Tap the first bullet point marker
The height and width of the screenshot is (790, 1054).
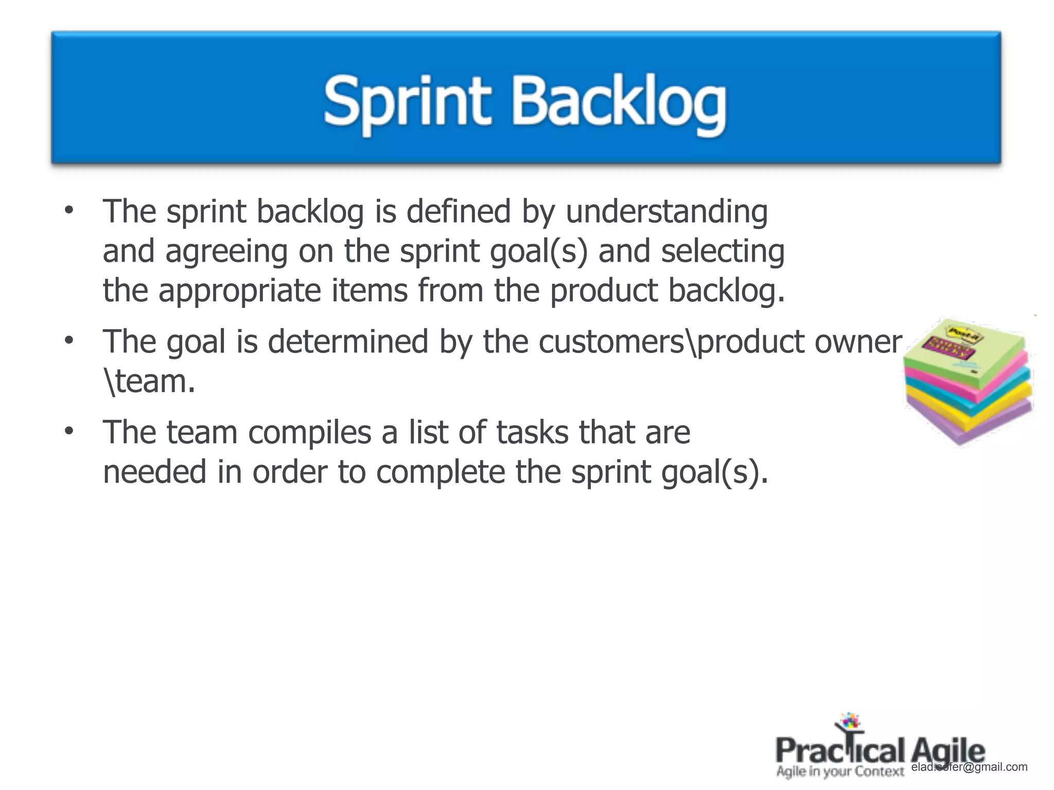tap(69, 210)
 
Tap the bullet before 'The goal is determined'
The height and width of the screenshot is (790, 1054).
tap(69, 340)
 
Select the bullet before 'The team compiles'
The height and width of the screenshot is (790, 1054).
tap(69, 432)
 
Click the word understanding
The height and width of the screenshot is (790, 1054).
tap(666, 212)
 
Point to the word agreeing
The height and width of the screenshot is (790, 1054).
tap(226, 252)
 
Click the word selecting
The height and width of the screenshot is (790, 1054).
tap(723, 252)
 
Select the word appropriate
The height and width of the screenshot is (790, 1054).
tap(239, 291)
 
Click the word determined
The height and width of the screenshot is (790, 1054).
tap(348, 342)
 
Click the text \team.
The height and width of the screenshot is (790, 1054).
tap(149, 382)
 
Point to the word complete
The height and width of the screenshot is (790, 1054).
tap(441, 472)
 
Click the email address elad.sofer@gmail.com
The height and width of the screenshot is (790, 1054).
tap(969, 767)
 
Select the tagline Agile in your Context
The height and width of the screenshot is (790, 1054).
tap(840, 771)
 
